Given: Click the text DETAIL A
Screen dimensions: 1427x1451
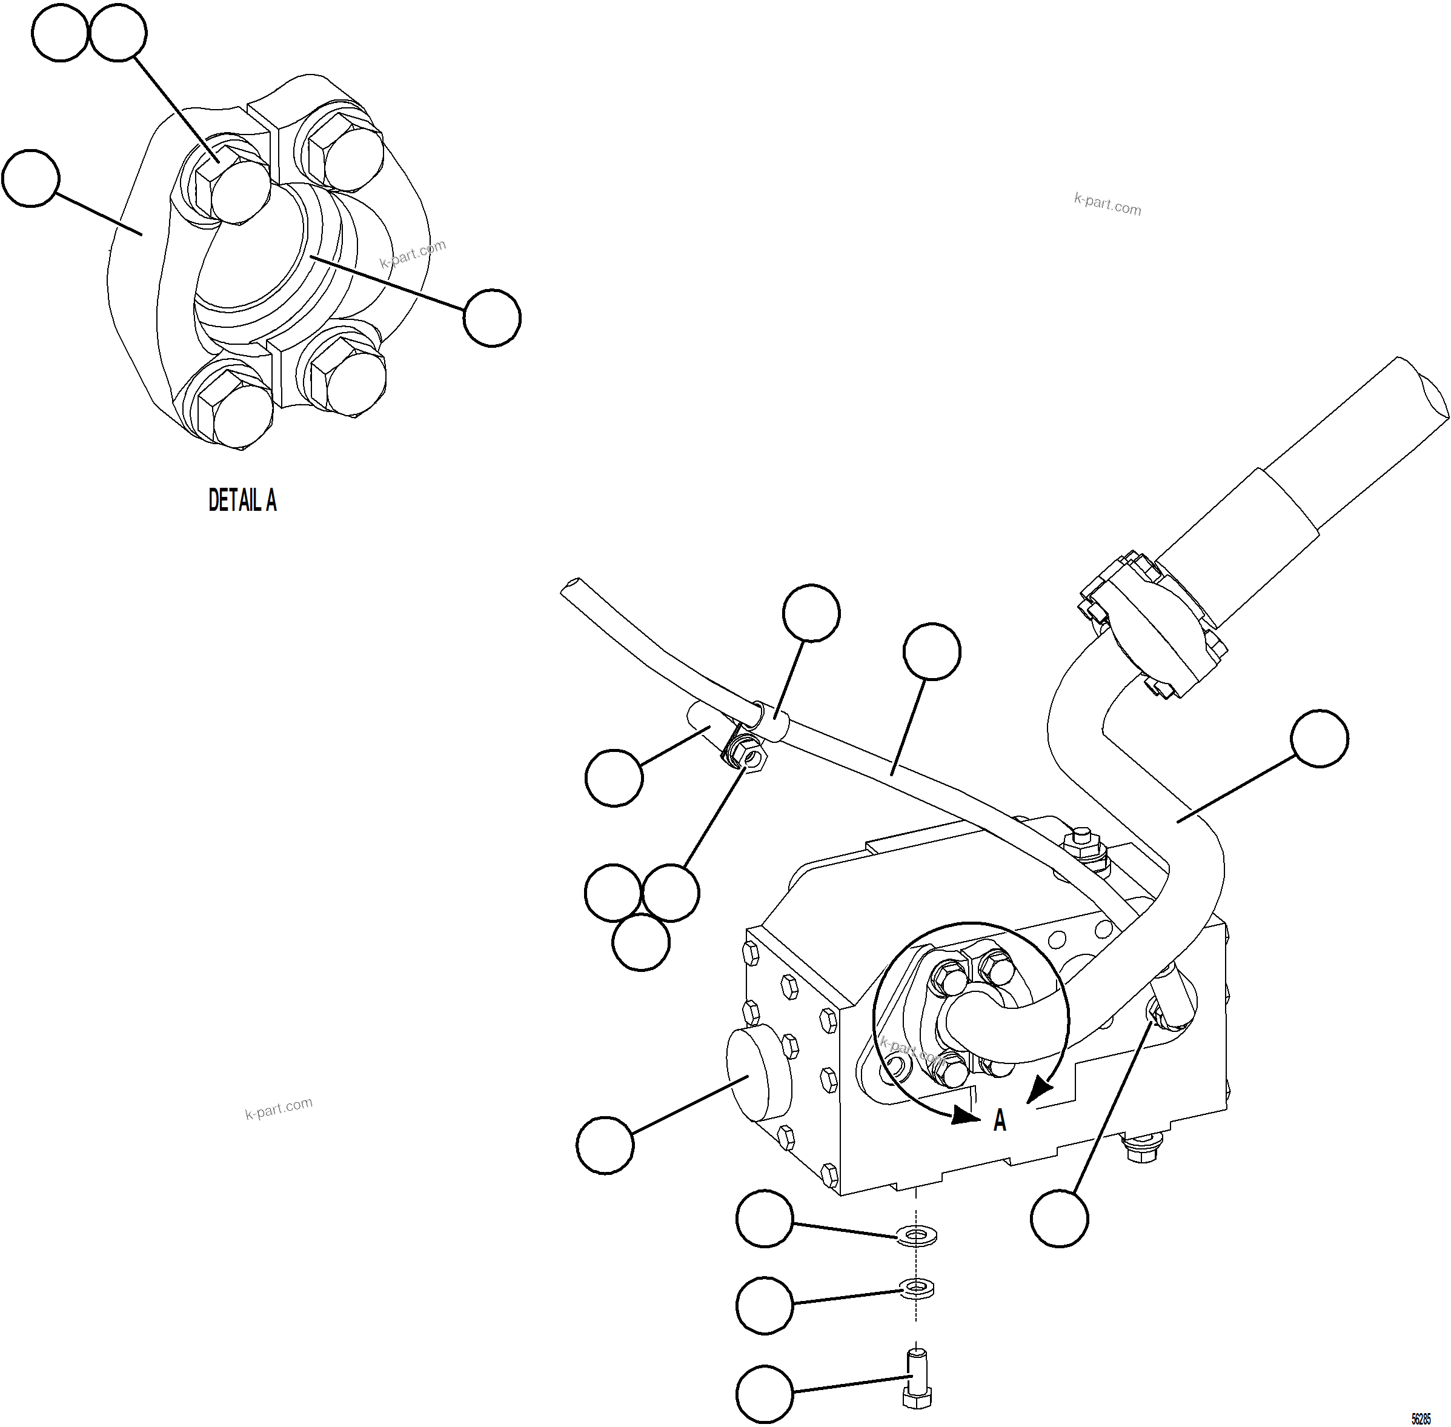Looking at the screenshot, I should pyautogui.click(x=242, y=501).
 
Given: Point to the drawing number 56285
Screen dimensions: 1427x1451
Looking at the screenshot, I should pyautogui.click(x=1421, y=1419).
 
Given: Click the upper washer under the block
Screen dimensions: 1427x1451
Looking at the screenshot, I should pyautogui.click(x=916, y=1233).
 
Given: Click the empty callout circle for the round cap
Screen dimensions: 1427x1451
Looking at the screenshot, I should pyautogui.click(x=605, y=1145).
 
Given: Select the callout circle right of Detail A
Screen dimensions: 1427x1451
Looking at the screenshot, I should pyautogui.click(x=492, y=318).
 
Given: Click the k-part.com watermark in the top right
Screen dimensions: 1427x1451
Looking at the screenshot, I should pyautogui.click(x=1107, y=204).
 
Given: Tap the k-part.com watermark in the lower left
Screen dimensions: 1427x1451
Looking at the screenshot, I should pyautogui.click(x=278, y=1108).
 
